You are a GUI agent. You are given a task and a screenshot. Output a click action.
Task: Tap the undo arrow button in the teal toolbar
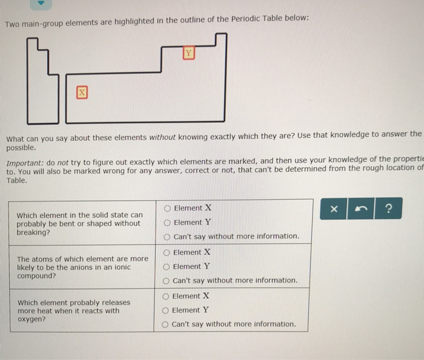coord(362,209)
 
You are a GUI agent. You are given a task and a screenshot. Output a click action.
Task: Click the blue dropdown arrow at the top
coord(41,3)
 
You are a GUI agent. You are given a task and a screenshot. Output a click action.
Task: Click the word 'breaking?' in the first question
coord(35,232)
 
